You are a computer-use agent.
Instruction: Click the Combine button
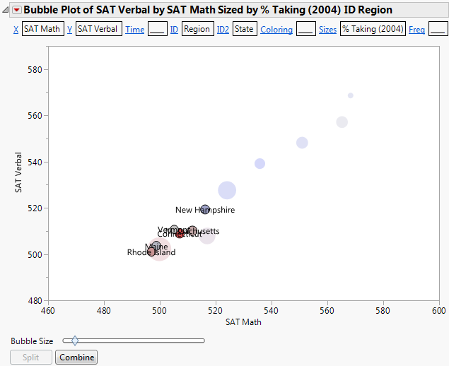point(76,358)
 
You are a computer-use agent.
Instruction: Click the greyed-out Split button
point(31,358)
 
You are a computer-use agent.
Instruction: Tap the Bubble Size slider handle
point(75,341)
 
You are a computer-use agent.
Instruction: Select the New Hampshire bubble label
point(205,210)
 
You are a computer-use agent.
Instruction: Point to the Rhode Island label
point(151,252)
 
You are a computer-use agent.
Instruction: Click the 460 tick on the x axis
point(48,310)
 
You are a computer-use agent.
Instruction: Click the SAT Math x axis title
point(243,322)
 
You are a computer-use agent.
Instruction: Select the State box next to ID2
point(245,30)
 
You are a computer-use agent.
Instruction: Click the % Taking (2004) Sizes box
point(372,30)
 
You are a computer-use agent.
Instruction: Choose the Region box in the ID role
point(197,30)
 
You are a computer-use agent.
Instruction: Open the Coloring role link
point(276,30)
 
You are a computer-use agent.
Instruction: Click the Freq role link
point(417,30)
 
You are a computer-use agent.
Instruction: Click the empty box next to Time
point(157,30)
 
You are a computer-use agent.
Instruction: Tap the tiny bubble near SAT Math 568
point(351,95)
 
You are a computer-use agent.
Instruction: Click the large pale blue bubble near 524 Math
point(227,189)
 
